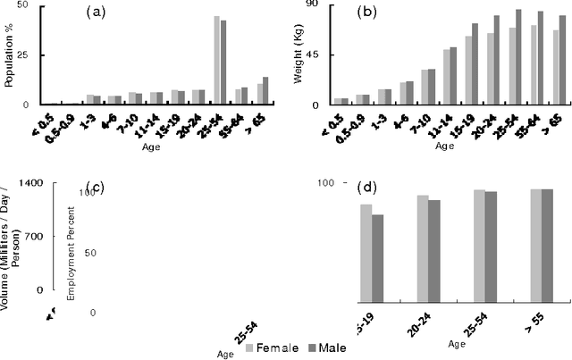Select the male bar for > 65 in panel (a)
265,91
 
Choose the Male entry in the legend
329,347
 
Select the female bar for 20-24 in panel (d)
423,249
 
